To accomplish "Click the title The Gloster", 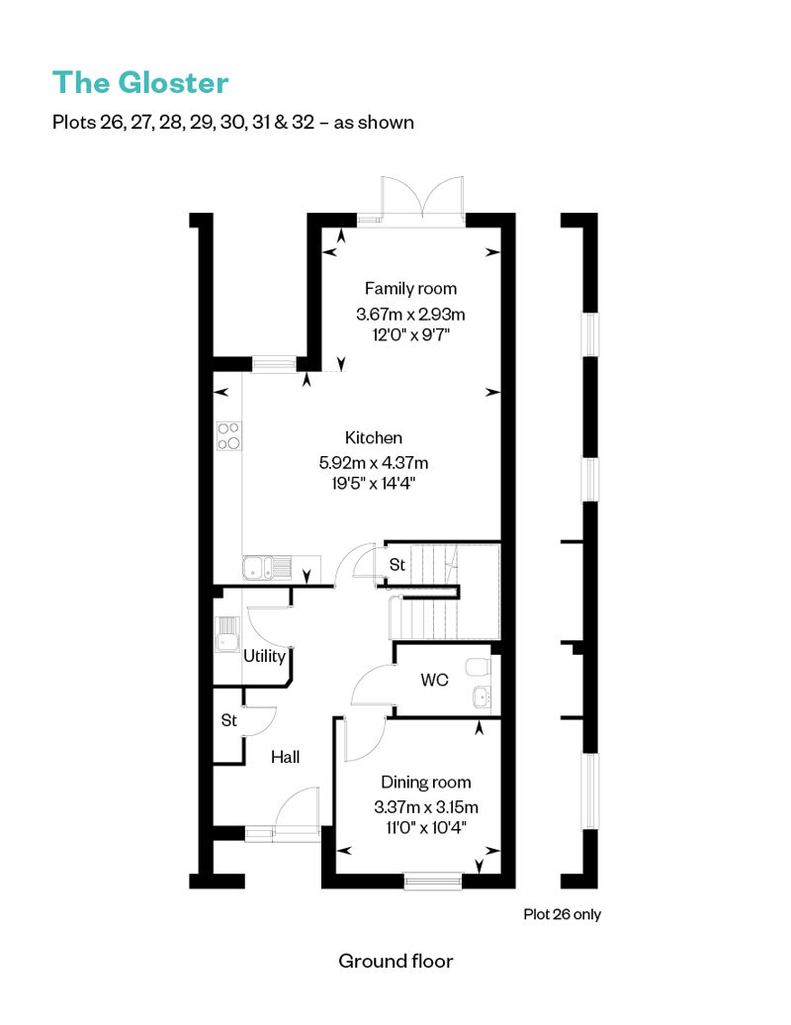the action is pos(140,83).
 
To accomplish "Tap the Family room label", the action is pos(410,289).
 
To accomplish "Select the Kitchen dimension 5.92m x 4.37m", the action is pos(374,463).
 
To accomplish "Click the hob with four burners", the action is pos(228,436).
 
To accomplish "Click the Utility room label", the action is pos(265,656).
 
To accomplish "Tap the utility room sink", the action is pos(227,633).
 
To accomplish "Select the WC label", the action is pos(434,680).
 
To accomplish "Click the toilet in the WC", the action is pos(479,668).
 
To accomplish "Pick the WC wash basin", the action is pos(482,697).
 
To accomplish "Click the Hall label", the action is pos(286,757).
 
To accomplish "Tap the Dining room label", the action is pos(426,783).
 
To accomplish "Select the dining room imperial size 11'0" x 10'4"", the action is pos(426,827).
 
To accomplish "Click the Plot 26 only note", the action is pos(562,914).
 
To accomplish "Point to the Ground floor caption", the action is pos(395,961).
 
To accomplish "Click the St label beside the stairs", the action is pos(397,564).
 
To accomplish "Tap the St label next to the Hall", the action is pos(228,720).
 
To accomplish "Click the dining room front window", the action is pos(432,881).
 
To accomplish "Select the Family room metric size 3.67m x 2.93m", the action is pos(410,315).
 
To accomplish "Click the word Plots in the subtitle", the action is pos(74,123).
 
